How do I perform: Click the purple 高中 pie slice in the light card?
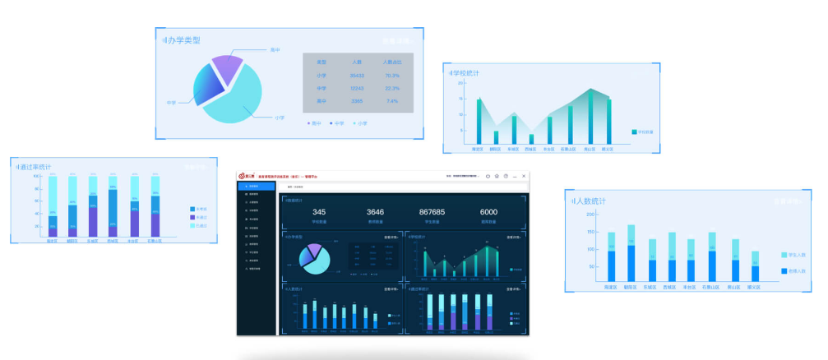[226, 67]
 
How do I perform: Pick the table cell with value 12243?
[357, 88]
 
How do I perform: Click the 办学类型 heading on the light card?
[183, 39]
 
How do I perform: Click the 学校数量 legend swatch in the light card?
[635, 132]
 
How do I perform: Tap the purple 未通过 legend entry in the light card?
[193, 217]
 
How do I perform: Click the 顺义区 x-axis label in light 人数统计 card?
[755, 288]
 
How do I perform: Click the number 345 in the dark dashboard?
[319, 212]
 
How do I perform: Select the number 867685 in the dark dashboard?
[432, 212]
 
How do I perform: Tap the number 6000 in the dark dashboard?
[488, 212]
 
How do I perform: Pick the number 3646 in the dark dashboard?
[375, 212]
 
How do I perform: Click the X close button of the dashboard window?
[524, 176]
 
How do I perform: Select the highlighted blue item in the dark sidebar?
[256, 187]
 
